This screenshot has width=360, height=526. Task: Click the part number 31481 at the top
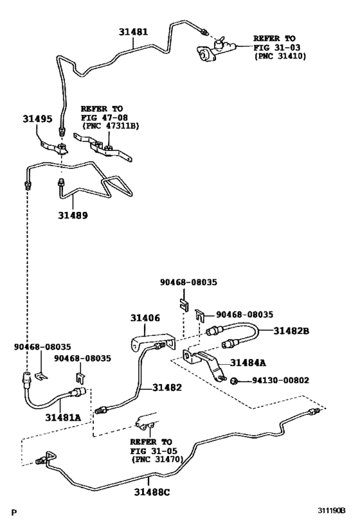(x=133, y=32)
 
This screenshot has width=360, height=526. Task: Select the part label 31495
(x=38, y=119)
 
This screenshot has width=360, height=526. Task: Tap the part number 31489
(x=73, y=215)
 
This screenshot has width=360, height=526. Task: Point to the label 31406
(x=145, y=318)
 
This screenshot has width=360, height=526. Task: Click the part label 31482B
(x=291, y=331)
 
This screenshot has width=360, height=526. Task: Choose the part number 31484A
(x=248, y=363)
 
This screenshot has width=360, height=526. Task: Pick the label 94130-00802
(x=280, y=380)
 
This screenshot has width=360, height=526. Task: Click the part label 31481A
(x=63, y=417)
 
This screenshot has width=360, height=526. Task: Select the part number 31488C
(x=152, y=492)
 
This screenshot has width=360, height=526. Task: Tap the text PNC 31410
(x=280, y=57)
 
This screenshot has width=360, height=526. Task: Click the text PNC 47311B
(x=111, y=126)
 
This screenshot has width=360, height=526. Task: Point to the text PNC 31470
(x=157, y=459)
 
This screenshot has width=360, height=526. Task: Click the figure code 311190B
(x=332, y=511)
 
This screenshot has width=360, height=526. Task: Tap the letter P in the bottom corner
(x=14, y=513)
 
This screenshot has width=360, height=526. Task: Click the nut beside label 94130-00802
(x=235, y=381)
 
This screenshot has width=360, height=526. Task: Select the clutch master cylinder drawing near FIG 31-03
(x=217, y=49)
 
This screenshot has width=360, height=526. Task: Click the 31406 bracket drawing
(x=153, y=342)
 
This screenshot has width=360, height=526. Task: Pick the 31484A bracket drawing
(x=204, y=364)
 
